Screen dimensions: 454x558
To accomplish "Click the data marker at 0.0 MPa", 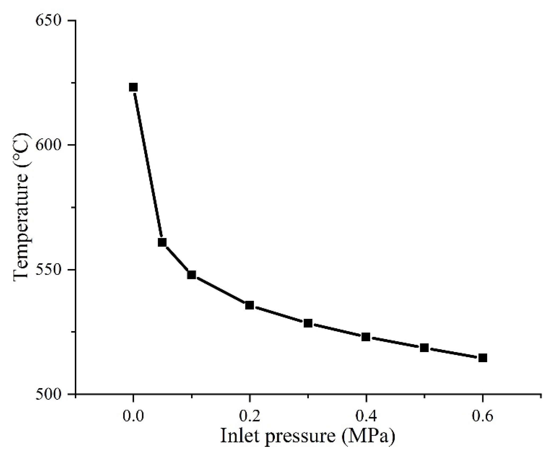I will click(133, 87).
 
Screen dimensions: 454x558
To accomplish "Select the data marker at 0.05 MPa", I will click(162, 242).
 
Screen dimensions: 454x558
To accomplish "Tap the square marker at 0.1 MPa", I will click(191, 275).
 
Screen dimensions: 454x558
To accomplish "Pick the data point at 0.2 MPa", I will click(249, 305).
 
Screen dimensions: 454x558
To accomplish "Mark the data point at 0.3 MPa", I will click(308, 323).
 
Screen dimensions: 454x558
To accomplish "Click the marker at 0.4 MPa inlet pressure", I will click(366, 337).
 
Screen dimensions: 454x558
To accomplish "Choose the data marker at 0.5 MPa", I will click(424, 348).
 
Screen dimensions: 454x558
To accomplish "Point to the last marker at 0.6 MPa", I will click(483, 358).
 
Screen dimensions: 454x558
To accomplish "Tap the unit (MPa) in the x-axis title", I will click(368, 435).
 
